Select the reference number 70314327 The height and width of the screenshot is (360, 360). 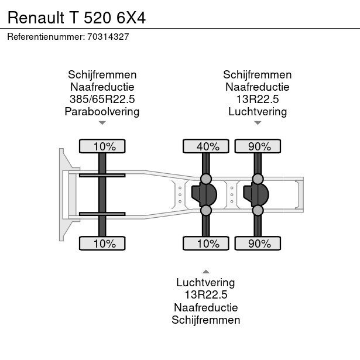(108, 36)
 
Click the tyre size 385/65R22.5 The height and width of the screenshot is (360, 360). (102, 99)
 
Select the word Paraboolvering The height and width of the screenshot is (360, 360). (102, 111)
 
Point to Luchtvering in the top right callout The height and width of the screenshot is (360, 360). (258, 111)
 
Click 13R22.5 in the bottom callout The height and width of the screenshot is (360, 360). (205, 294)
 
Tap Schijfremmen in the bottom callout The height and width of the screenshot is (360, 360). (205, 320)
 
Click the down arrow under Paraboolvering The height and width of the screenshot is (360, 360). (102, 123)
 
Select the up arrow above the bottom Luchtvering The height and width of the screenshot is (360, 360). (205, 271)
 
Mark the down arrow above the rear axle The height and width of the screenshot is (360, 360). (258, 123)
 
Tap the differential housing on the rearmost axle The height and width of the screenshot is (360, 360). (256, 194)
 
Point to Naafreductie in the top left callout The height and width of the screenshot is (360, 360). (102, 87)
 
